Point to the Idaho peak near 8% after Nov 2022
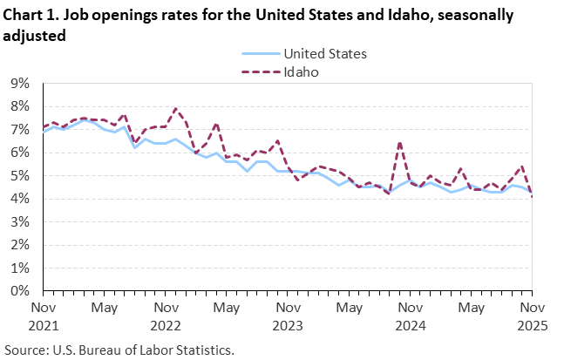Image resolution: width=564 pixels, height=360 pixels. (x=176, y=109)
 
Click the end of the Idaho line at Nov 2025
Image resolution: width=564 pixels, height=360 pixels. (x=531, y=197)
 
